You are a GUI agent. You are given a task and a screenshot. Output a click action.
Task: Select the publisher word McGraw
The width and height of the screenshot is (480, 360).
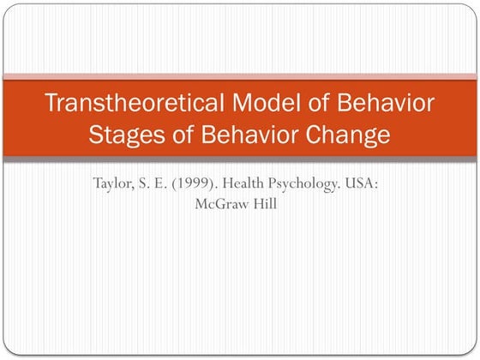pyautogui.click(x=224, y=206)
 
